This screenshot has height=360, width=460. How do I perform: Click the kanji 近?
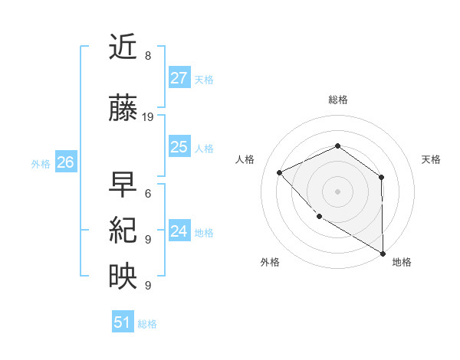click(123, 49)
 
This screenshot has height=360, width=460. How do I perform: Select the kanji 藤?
click(123, 110)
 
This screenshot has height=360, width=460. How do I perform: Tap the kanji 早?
click(123, 184)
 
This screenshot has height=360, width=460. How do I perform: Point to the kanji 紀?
click(123, 231)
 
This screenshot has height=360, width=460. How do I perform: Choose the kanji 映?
click(123, 277)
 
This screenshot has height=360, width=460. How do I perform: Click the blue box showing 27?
click(179, 78)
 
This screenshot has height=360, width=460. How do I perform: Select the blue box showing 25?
click(179, 147)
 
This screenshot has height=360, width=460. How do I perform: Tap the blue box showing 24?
click(179, 231)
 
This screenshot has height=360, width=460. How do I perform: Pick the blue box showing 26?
click(66, 162)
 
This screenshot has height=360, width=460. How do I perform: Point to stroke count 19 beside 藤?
click(148, 117)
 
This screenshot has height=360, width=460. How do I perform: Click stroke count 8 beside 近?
click(148, 56)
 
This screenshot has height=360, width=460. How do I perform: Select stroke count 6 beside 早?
click(148, 193)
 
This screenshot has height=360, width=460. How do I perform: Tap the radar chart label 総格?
click(337, 100)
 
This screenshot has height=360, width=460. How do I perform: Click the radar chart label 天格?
click(432, 159)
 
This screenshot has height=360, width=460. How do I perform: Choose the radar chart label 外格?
click(270, 262)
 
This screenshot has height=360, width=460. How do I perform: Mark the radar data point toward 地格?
click(383, 253)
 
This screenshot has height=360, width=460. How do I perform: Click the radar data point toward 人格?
click(280, 172)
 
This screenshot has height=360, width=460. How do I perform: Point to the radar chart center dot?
click(337, 191)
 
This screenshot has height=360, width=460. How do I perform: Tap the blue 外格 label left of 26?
click(41, 163)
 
